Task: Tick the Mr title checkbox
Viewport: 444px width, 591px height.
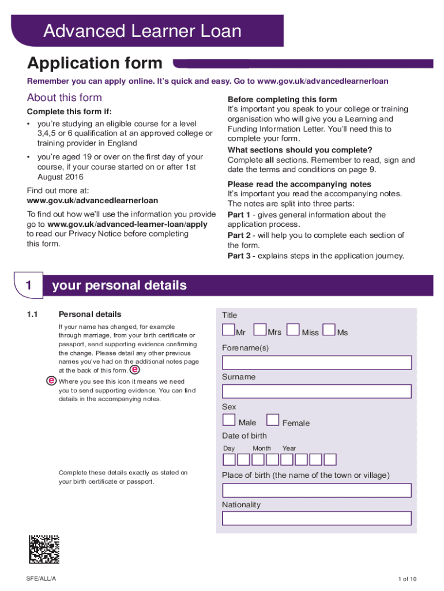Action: [229, 330]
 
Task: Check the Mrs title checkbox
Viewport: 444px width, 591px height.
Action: [260, 330]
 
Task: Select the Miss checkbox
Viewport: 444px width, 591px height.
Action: [294, 330]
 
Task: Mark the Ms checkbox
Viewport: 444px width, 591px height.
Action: [329, 330]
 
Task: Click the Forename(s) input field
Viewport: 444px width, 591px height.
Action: [317, 362]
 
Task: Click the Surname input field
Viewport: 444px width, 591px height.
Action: [317, 391]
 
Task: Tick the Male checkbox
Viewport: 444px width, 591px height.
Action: [229, 420]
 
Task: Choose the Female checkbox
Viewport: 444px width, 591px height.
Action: [273, 420]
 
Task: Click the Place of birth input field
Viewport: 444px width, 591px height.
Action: [317, 491]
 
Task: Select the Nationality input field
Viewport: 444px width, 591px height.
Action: [317, 518]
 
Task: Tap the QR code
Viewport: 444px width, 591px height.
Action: [44, 550]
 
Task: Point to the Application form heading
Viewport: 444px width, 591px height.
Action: [95, 63]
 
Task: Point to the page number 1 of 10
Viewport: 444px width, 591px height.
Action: [407, 579]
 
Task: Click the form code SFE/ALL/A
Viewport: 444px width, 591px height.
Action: [41, 578]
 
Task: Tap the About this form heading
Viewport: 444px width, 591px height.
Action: [65, 98]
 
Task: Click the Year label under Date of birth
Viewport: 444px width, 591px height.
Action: [289, 448]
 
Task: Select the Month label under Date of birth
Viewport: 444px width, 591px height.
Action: [261, 448]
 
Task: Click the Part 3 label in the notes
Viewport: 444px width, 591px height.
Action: [239, 256]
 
